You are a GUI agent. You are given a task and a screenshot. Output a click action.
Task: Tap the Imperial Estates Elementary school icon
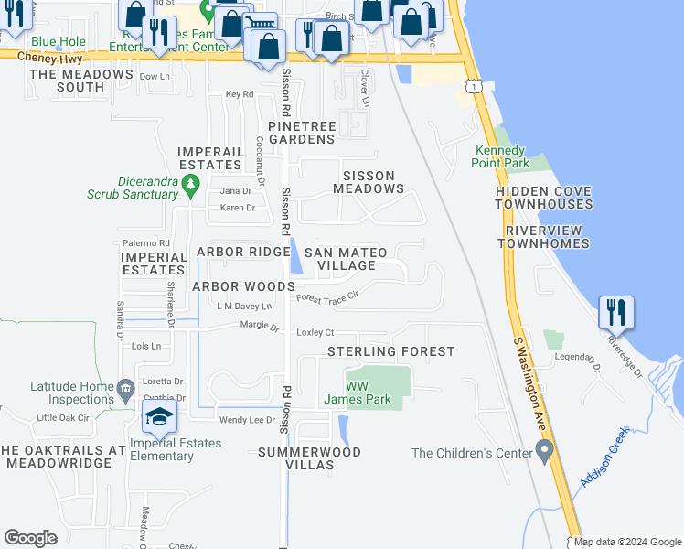(159, 417)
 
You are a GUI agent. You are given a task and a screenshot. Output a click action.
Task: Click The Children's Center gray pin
(545, 451)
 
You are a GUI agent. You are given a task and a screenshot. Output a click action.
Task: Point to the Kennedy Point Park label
(501, 156)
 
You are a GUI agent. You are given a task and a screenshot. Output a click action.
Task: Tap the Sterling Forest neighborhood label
(390, 351)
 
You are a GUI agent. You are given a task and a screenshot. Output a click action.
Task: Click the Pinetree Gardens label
(302, 132)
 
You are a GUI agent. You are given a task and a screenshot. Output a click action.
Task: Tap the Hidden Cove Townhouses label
(543, 198)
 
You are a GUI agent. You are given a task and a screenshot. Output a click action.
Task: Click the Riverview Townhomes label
(543, 237)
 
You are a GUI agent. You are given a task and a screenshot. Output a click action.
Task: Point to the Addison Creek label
(604, 457)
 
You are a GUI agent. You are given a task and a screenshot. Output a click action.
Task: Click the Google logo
(30, 538)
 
